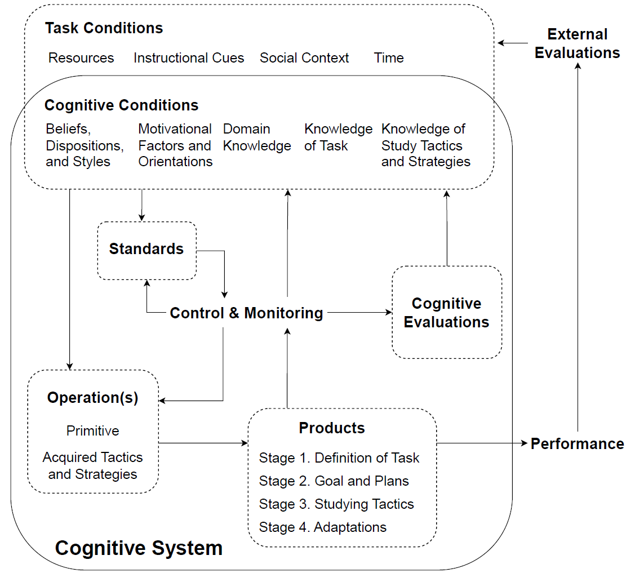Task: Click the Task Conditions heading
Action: click(104, 28)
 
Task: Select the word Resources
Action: click(81, 58)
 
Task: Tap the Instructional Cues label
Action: click(189, 58)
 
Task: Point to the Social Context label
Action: click(304, 58)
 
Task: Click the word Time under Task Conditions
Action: click(389, 58)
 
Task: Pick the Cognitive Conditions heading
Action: click(121, 105)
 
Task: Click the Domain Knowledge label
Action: click(257, 137)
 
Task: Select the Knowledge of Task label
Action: click(338, 137)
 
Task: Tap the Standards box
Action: click(146, 250)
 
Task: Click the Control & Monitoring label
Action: click(246, 313)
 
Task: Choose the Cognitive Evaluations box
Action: click(446, 313)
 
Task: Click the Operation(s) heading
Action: click(92, 398)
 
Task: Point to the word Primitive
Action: click(92, 431)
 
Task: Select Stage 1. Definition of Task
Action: click(339, 458)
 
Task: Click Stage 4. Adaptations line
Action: click(322, 527)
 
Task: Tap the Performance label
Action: click(577, 444)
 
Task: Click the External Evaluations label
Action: click(577, 43)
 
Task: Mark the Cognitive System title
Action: click(139, 548)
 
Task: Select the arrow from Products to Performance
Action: click(482, 443)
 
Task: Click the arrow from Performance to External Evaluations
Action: click(578, 248)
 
